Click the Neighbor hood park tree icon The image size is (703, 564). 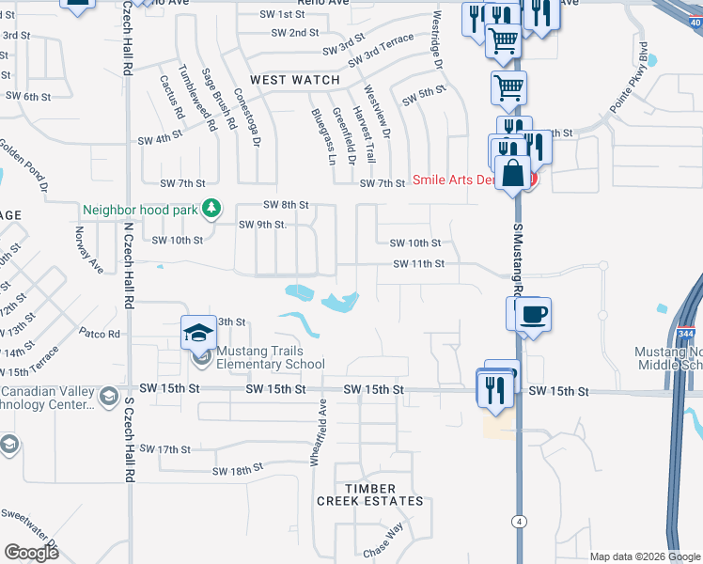click(213, 209)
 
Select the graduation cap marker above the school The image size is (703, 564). click(198, 331)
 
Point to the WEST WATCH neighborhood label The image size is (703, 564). click(295, 80)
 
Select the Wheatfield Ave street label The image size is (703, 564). click(318, 431)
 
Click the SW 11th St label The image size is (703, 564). click(418, 264)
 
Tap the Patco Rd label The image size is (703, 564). click(100, 333)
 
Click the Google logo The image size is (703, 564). click(31, 552)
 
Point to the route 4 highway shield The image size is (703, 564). click(518, 521)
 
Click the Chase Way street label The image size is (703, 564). click(383, 547)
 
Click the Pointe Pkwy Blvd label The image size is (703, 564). click(630, 77)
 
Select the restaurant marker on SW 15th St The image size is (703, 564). click(496, 386)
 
